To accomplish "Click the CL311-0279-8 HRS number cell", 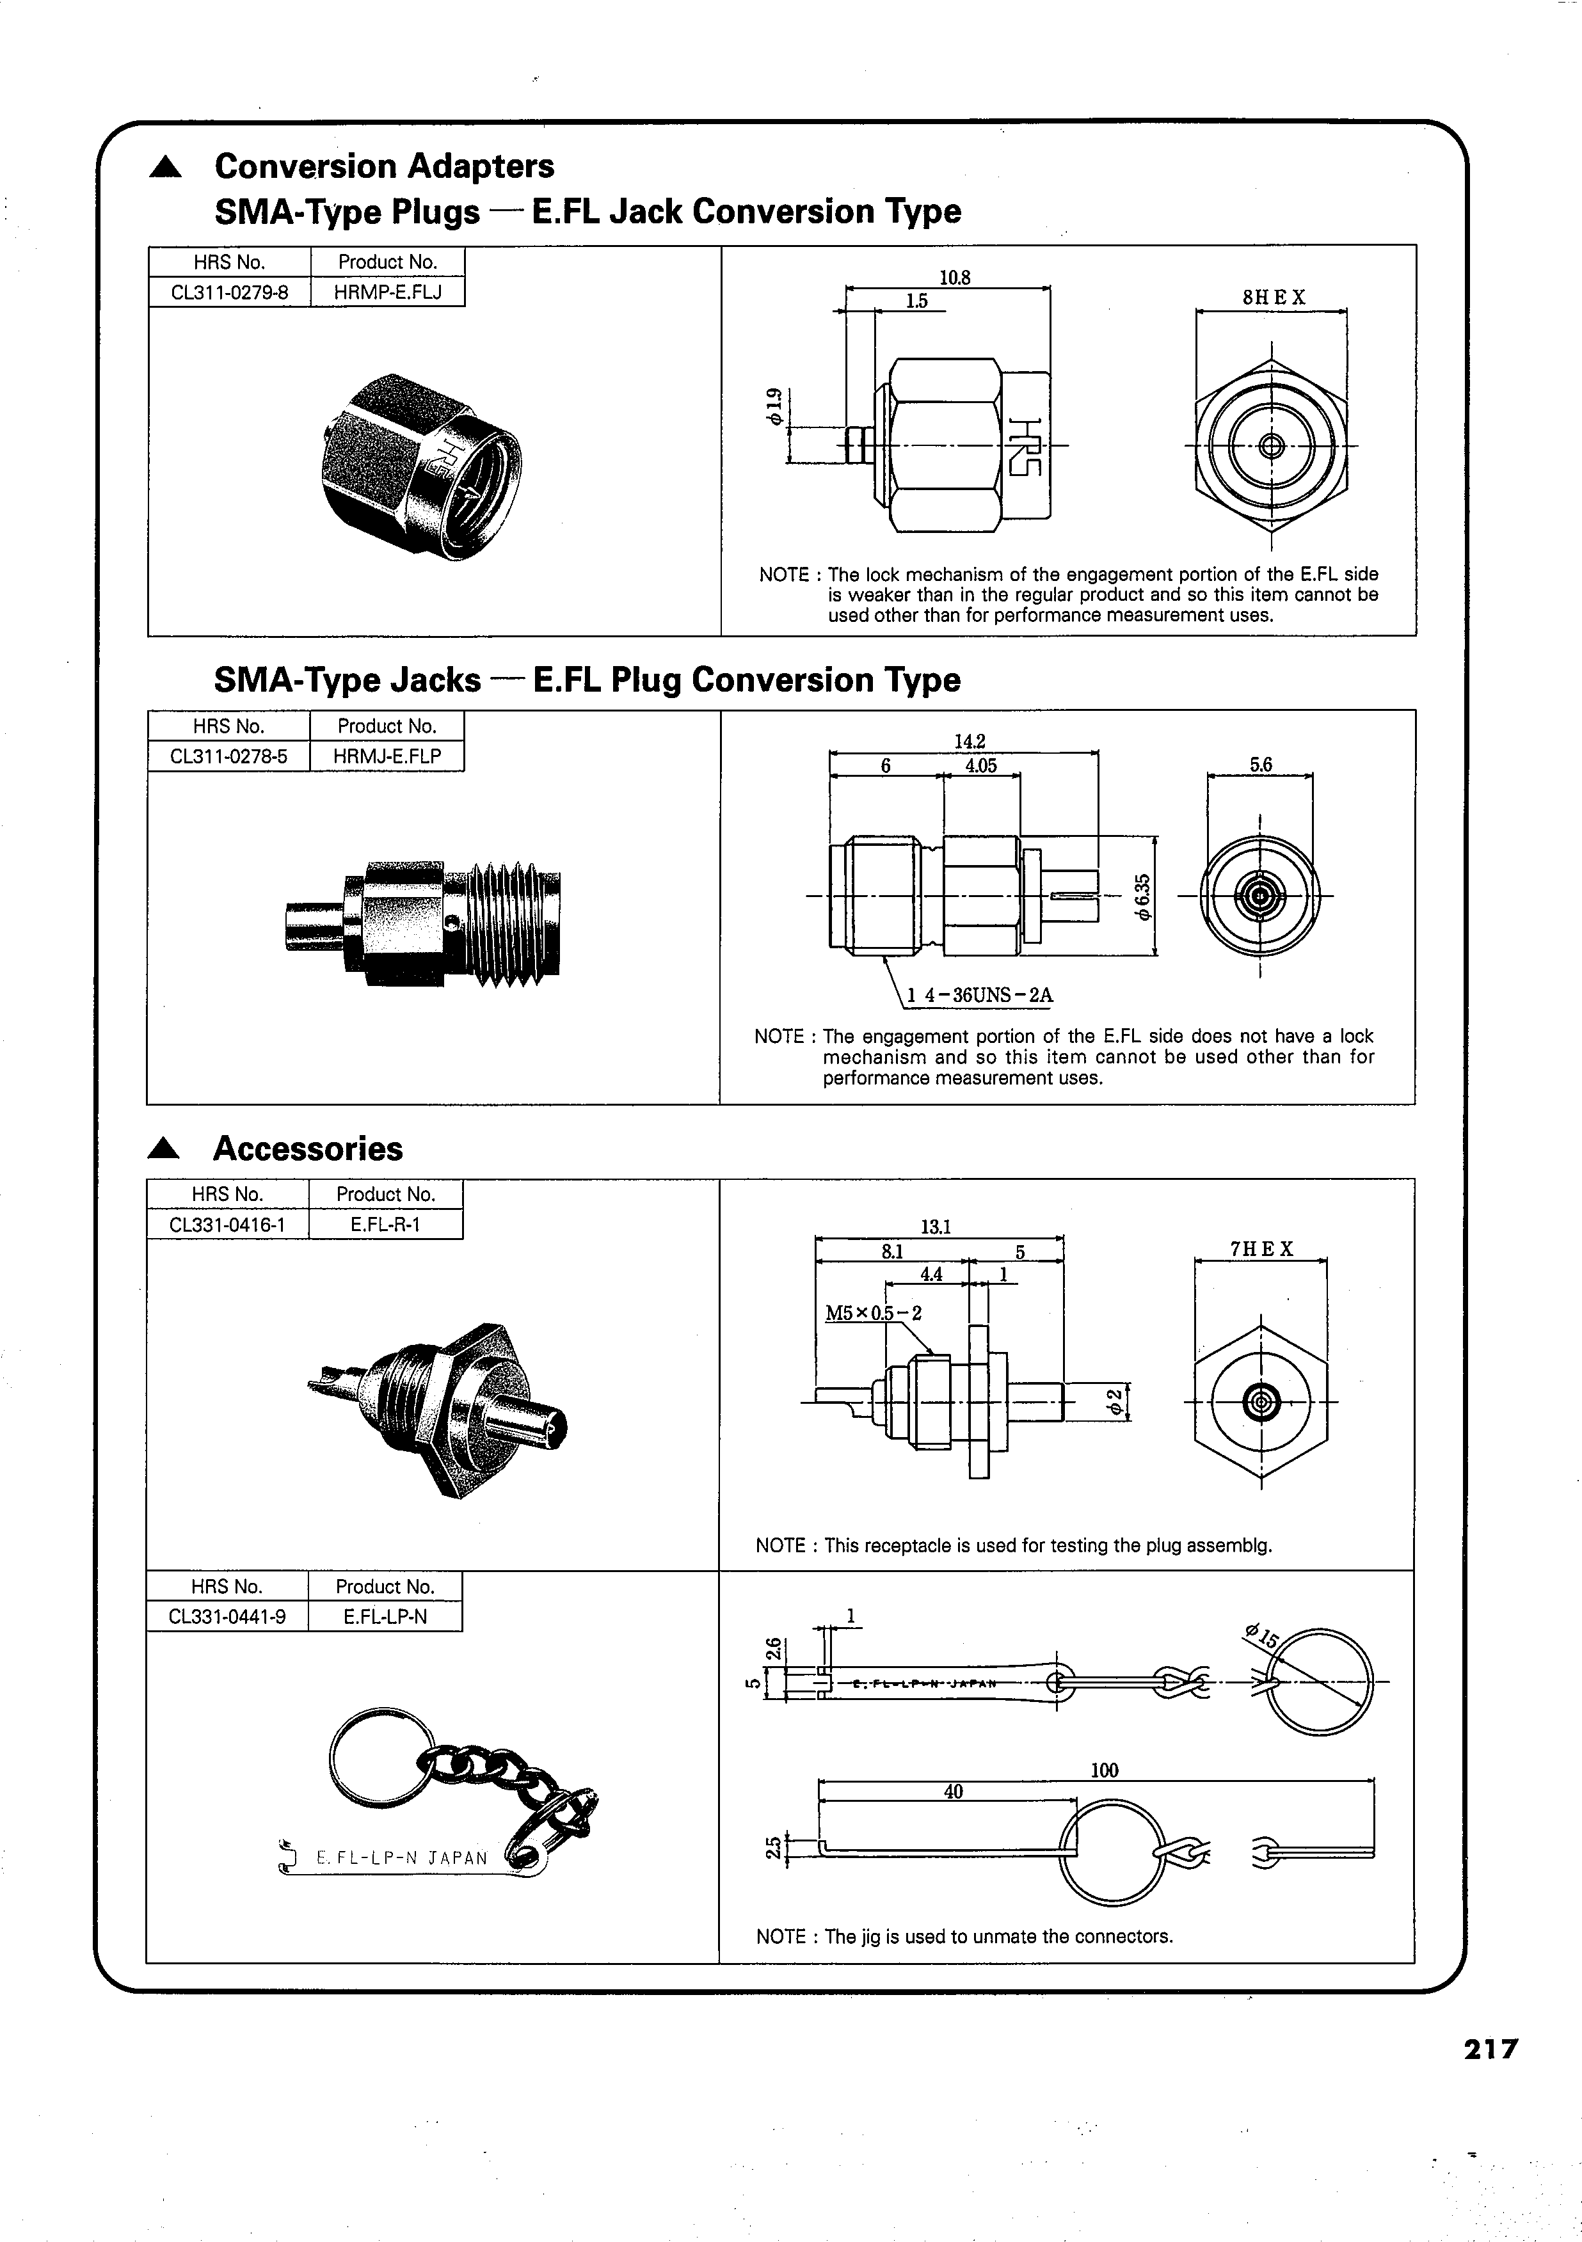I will (x=230, y=292).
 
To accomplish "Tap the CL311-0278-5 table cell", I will (x=228, y=756).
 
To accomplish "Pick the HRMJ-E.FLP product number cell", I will (x=387, y=756).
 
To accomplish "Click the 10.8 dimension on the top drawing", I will (x=954, y=277).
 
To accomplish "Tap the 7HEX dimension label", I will (x=1261, y=1249).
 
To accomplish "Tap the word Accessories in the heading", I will (x=308, y=1149).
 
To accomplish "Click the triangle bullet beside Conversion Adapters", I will (x=165, y=168).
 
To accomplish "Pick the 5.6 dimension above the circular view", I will (x=1261, y=765).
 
